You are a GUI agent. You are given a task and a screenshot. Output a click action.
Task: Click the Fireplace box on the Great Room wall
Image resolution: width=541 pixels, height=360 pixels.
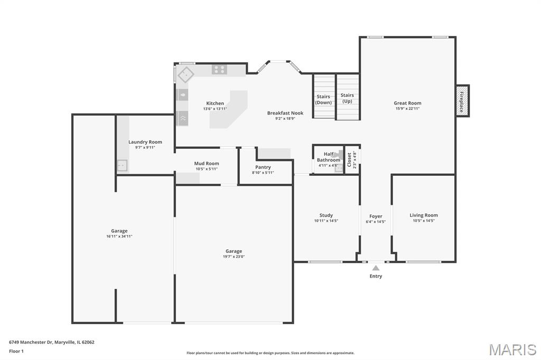pyautogui.click(x=463, y=101)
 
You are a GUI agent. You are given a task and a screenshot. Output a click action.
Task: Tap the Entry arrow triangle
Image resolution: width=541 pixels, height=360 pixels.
pyautogui.click(x=376, y=268)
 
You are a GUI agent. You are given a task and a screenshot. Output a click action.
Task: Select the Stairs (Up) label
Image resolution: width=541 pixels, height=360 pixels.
pyautogui.click(x=347, y=98)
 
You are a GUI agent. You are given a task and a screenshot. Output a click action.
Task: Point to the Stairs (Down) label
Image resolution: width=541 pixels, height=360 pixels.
pyautogui.click(x=323, y=99)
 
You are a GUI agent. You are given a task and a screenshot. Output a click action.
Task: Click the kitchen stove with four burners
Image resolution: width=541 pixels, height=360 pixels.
pyautogui.click(x=219, y=70)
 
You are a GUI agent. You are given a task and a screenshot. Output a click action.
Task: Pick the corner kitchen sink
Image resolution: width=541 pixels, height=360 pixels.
pyautogui.click(x=185, y=75)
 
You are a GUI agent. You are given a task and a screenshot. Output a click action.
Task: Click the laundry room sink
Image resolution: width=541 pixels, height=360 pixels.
pyautogui.click(x=122, y=166)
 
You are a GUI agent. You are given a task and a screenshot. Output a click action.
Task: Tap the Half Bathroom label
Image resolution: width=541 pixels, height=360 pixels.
pyautogui.click(x=329, y=157)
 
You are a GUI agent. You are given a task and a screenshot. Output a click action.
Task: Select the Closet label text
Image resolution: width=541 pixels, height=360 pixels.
pyautogui.click(x=349, y=159)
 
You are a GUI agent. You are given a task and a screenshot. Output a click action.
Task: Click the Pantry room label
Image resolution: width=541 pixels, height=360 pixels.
pyautogui.click(x=263, y=167)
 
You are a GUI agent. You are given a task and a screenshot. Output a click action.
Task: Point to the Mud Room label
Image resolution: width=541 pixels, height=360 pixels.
pyautogui.click(x=207, y=164)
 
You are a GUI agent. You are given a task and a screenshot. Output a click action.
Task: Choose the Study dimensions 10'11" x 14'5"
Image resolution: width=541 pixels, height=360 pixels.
pyautogui.click(x=326, y=221)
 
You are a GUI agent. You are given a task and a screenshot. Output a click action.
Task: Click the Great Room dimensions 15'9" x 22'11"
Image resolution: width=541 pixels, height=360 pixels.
pyautogui.click(x=407, y=108)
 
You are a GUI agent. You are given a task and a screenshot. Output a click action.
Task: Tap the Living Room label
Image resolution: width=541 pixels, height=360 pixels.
pyautogui.click(x=424, y=215)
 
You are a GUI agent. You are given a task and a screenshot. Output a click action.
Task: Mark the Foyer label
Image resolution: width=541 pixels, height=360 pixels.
pyautogui.click(x=376, y=216)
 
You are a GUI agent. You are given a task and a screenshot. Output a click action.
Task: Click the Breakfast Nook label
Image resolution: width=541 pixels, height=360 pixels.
pyautogui.click(x=285, y=113)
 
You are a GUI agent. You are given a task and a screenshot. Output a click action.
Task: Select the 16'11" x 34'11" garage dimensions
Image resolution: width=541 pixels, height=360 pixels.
pyautogui.click(x=119, y=236)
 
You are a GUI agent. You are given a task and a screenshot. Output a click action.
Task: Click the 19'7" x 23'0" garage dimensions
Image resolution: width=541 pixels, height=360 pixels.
pyautogui.click(x=234, y=257)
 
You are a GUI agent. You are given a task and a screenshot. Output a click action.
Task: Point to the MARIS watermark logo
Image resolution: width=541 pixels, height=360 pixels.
pyautogui.click(x=512, y=349)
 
